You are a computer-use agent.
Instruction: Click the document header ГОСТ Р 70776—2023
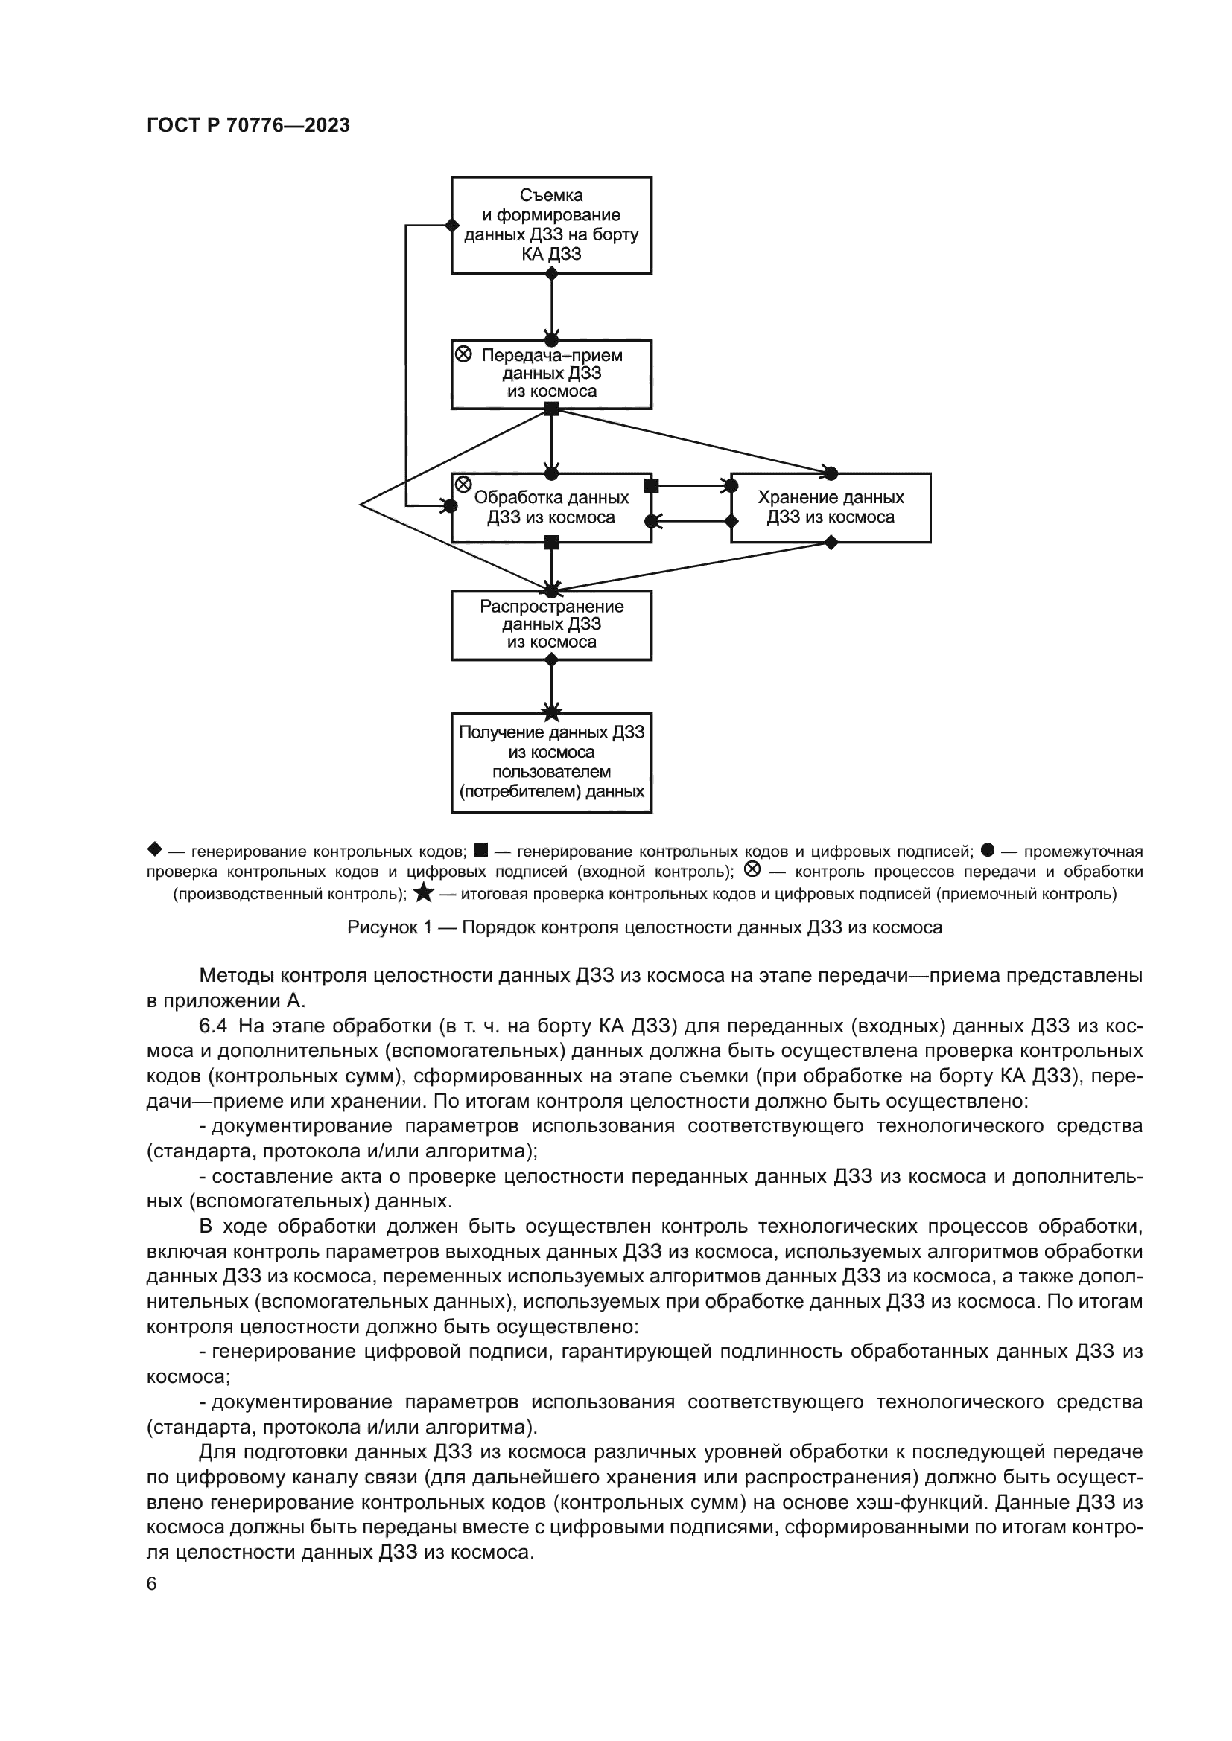pos(248,125)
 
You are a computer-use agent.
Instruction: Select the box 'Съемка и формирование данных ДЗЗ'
pos(551,226)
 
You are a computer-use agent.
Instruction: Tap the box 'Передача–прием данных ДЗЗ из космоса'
pos(551,374)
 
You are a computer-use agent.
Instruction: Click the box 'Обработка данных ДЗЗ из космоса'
pos(551,508)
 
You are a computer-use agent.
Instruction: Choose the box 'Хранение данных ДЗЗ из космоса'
pos(831,508)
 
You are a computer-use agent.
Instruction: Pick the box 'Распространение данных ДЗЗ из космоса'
pos(551,624)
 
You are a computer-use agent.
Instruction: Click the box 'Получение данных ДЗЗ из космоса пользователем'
pos(551,762)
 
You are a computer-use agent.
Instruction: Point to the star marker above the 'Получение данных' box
pos(551,712)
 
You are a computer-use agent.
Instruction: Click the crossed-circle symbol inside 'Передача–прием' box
pos(463,354)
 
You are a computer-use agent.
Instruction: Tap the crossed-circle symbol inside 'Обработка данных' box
pos(463,485)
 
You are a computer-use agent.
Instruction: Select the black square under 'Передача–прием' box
pos(551,409)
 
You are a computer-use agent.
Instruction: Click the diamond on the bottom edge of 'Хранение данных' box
pos(831,542)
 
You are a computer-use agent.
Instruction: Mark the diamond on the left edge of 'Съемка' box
pos(452,226)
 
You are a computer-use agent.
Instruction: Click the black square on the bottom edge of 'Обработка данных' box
pos(551,542)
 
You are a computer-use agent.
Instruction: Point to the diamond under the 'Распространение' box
pos(551,660)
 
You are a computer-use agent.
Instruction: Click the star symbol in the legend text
pos(424,893)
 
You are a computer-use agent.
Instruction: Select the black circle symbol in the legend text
pos(988,850)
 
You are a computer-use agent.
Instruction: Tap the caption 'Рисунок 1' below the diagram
pos(644,927)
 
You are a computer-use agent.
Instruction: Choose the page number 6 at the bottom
pos(152,1584)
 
